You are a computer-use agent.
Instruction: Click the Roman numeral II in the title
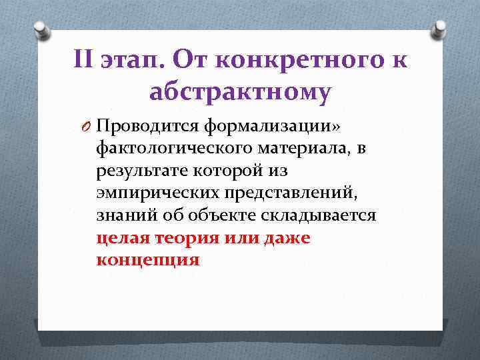point(85,60)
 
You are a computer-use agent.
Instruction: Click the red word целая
point(122,239)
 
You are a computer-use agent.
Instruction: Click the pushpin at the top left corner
point(39,29)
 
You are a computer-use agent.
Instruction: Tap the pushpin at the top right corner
point(441,29)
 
